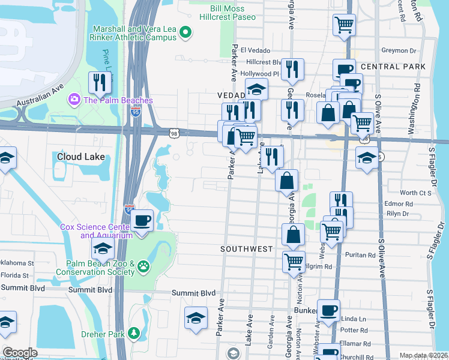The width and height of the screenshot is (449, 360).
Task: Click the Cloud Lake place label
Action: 81,157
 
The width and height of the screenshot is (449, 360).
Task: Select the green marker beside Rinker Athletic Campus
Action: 185,33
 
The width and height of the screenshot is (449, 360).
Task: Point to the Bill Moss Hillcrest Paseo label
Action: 233,13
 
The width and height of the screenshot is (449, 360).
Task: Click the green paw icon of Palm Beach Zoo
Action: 143,266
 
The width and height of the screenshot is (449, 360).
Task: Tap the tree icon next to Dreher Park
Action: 135,333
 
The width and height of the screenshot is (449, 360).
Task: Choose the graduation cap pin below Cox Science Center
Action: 103,249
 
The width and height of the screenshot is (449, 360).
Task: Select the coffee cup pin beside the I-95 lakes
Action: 142,220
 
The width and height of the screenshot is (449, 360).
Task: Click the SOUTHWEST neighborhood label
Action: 247,248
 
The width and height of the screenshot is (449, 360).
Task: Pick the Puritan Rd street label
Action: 361,255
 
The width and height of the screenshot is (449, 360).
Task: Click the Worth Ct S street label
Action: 416,193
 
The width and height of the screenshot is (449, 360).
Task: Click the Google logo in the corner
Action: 20,353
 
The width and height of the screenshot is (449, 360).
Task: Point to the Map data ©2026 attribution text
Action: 423,355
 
